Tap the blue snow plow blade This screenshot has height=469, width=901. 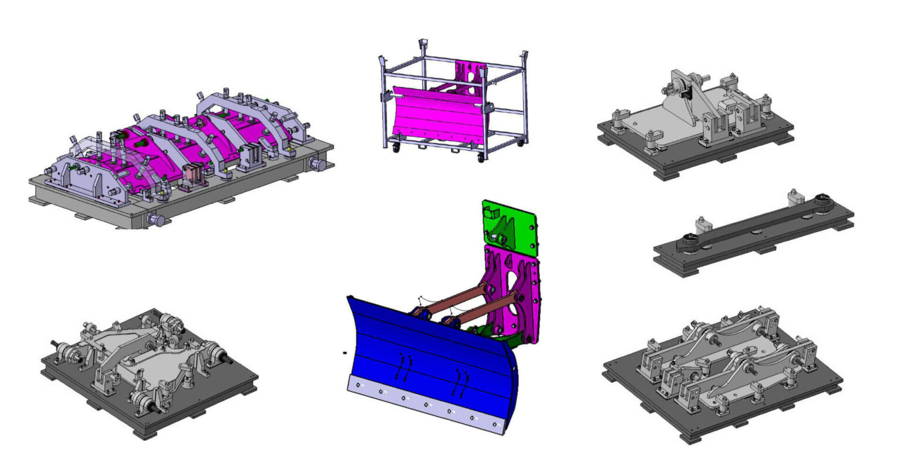pos(422,352)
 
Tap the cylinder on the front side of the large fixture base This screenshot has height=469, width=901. pos(157,220)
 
